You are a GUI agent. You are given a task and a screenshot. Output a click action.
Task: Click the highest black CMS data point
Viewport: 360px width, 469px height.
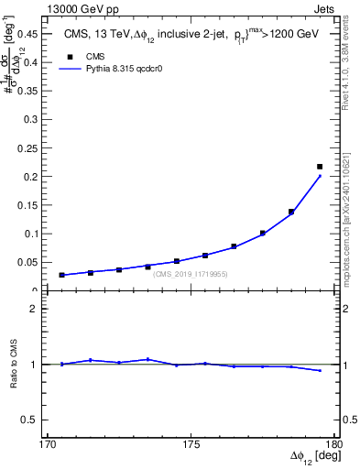click(x=320, y=167)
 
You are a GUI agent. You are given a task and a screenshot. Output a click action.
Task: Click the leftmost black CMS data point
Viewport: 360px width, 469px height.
click(x=61, y=275)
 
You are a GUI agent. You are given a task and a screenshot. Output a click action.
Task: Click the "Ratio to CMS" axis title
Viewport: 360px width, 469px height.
click(x=16, y=364)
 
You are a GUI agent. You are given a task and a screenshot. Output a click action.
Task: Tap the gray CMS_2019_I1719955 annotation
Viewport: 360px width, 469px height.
click(x=191, y=273)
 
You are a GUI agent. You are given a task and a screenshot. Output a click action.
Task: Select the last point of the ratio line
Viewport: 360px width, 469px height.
click(x=320, y=370)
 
